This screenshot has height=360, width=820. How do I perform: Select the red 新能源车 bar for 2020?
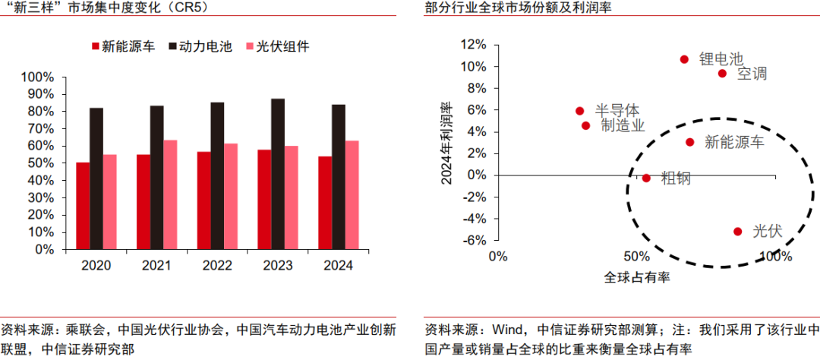(x=83, y=206)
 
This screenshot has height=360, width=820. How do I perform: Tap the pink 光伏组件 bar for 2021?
(x=170, y=194)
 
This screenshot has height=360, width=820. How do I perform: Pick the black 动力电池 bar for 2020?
(x=96, y=178)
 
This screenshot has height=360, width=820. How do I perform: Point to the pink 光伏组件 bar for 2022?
(x=231, y=196)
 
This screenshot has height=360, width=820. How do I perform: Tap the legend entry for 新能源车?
(x=123, y=46)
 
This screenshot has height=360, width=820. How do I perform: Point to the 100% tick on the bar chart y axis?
(x=38, y=77)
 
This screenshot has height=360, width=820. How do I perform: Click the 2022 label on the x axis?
(x=217, y=266)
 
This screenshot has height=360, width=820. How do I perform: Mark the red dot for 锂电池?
(x=684, y=59)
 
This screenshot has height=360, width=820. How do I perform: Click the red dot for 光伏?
(x=737, y=231)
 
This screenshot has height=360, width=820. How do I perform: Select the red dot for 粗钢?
(x=646, y=178)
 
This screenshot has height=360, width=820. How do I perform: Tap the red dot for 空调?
(x=722, y=74)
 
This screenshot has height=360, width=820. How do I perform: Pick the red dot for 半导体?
(x=580, y=111)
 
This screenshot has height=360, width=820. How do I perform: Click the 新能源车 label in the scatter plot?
(x=734, y=141)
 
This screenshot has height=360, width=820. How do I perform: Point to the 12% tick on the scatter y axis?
(x=474, y=45)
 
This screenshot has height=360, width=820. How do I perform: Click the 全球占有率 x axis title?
(x=636, y=279)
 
